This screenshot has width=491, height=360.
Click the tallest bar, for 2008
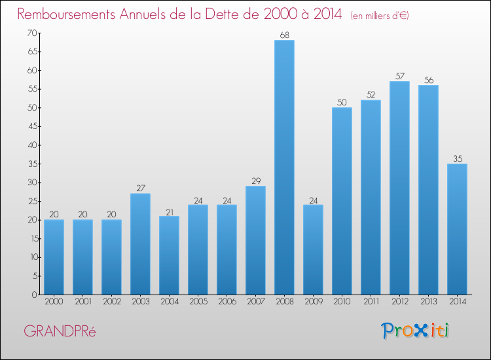(x=284, y=167)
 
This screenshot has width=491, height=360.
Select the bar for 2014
(x=457, y=229)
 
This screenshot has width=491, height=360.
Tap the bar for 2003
(x=140, y=244)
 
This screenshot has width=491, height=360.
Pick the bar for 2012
(x=399, y=188)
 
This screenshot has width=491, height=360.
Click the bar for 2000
(x=54, y=257)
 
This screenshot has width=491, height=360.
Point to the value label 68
(x=284, y=35)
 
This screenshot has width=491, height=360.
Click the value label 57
(x=400, y=76)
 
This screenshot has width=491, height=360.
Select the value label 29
(x=256, y=181)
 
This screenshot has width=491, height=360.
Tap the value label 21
(x=170, y=213)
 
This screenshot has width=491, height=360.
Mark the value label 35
(x=458, y=158)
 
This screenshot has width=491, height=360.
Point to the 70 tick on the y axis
(x=32, y=33)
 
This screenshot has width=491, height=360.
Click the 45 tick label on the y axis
(x=33, y=126)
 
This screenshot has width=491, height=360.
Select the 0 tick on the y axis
(x=35, y=295)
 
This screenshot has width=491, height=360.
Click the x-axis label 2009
(x=314, y=302)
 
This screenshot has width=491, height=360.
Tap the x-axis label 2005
(x=198, y=302)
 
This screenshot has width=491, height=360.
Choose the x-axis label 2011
(x=371, y=302)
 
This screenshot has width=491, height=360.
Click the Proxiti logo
(x=414, y=331)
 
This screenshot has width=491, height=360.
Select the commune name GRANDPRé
(x=60, y=331)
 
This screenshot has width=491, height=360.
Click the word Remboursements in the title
(x=66, y=14)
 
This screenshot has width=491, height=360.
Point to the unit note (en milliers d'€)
(x=380, y=16)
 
